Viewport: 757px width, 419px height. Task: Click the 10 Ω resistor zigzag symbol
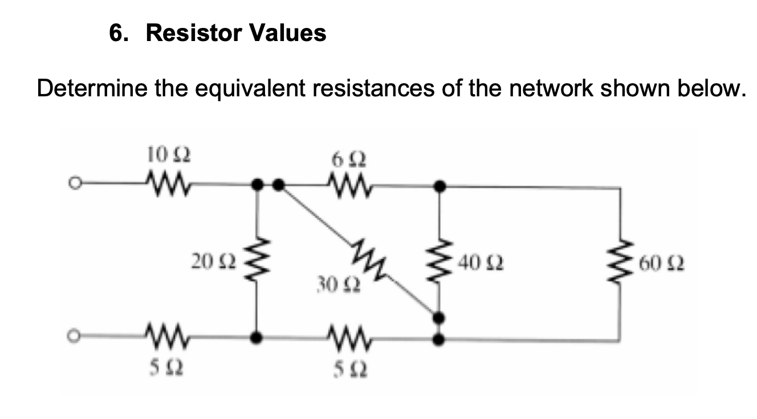click(162, 184)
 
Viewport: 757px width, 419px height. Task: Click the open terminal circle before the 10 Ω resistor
click(71, 184)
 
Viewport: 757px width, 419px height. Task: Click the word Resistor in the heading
click(193, 33)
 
